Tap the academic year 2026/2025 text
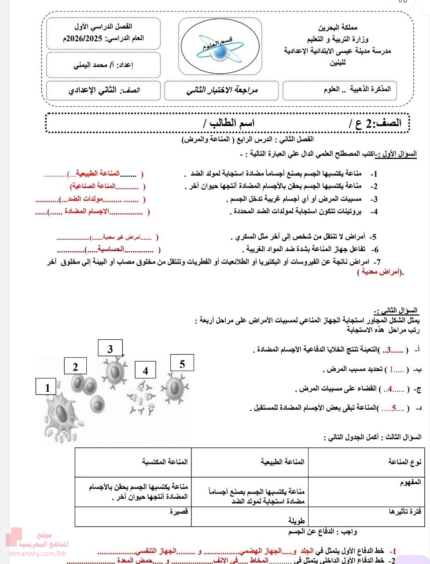coord(103,38)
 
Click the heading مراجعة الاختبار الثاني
coord(222,90)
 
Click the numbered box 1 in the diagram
coord(47,388)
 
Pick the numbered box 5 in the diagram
coord(182,364)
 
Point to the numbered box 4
coord(145,371)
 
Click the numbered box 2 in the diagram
coord(75,367)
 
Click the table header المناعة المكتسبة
coord(165,461)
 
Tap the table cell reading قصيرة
coord(179,512)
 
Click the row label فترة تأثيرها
coord(405,512)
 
